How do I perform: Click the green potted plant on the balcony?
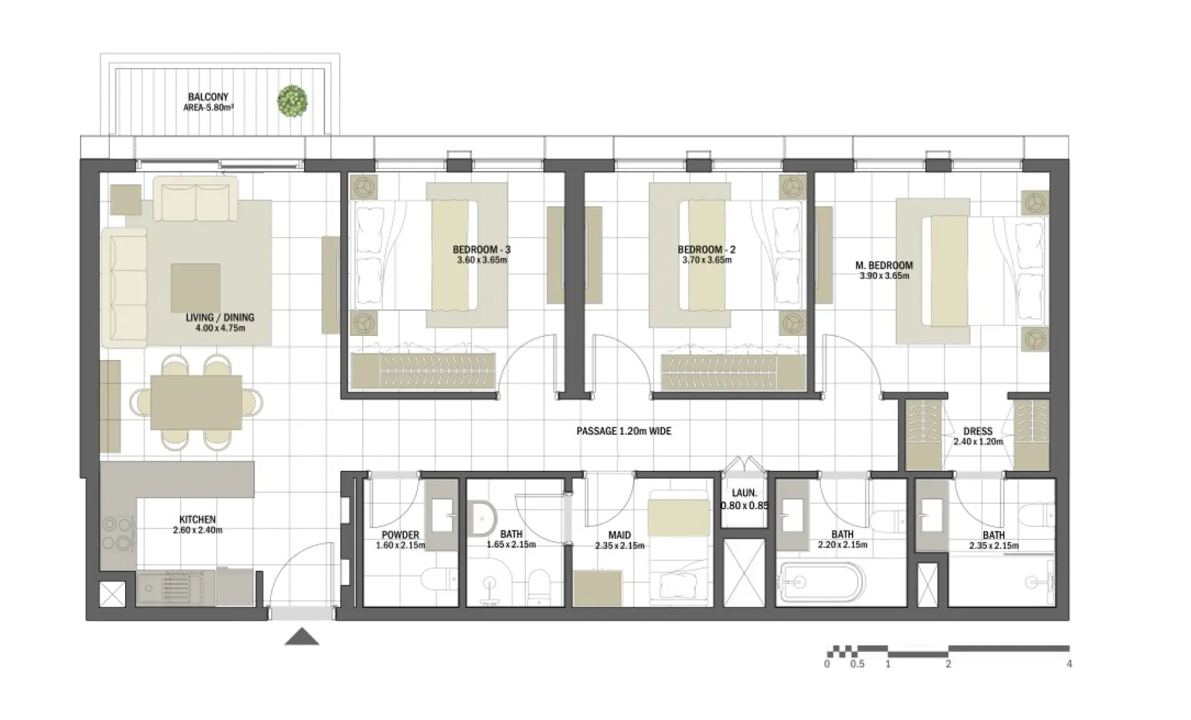coord(293,101)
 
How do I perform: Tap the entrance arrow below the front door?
coord(302,637)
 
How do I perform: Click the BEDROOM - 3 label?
coord(481,249)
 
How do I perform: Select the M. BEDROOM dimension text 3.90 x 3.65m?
coord(884,276)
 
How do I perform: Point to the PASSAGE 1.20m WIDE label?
coord(623,431)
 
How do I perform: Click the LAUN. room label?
coord(744,493)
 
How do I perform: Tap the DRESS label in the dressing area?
coord(978,431)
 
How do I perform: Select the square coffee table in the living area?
coord(196,288)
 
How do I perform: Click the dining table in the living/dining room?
coord(196,402)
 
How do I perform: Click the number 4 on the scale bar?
coord(1069,664)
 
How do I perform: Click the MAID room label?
coord(619,535)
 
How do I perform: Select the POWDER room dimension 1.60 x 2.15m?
coord(400,545)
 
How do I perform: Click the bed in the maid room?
coord(678,550)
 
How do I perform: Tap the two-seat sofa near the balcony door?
coord(195,201)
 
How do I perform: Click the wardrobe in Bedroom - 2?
coord(732,371)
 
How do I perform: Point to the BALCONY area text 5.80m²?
coord(208,107)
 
